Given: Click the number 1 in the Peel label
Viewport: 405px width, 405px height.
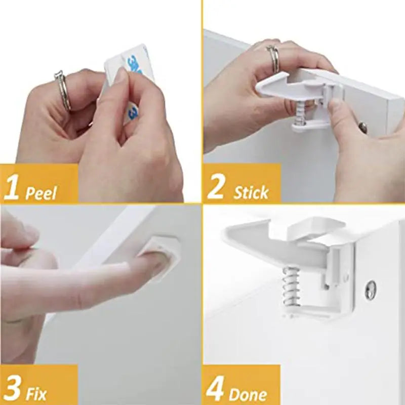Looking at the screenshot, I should click(12, 186).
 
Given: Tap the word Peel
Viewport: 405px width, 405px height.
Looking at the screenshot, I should click(42, 192).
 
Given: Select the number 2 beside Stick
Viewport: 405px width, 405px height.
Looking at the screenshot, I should click(216, 186).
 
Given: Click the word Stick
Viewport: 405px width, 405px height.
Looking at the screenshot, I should click(251, 192).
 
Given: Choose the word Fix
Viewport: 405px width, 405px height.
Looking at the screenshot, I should click(37, 394).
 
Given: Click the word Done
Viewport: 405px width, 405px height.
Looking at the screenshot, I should click(248, 394).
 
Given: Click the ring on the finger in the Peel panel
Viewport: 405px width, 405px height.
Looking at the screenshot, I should click(62, 91).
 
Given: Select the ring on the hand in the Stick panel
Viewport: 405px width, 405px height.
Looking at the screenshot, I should click(273, 58).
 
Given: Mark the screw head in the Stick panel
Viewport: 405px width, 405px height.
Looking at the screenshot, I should click(363, 127).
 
